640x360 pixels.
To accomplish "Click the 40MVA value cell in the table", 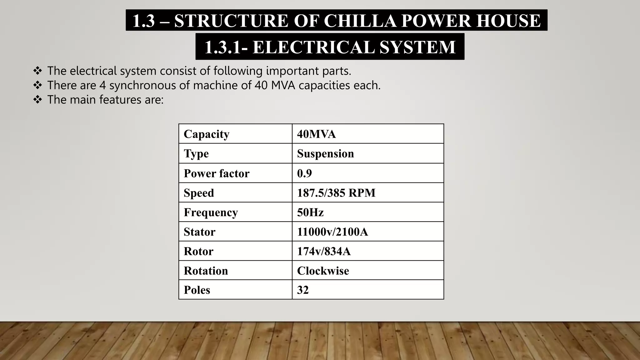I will [x=316, y=134].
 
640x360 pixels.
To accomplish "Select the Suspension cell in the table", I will [x=325, y=153].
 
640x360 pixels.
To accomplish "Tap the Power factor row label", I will [x=217, y=173].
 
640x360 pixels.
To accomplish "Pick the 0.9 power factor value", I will [x=304, y=173].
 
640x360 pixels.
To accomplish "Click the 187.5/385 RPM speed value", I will [x=336, y=193].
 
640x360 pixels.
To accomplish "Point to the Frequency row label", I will [x=211, y=212].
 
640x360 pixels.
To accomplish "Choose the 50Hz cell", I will [x=310, y=212].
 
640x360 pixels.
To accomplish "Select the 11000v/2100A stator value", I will [x=332, y=232].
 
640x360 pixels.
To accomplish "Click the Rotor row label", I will [x=198, y=251].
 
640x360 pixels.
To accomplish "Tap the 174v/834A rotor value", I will [x=324, y=251].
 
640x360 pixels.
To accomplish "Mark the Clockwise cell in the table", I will [x=323, y=271].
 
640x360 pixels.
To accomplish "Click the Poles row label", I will [x=197, y=290].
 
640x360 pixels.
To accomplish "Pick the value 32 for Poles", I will [x=303, y=290].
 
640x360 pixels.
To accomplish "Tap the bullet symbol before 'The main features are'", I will [x=37, y=100].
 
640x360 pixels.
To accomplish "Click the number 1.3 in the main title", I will [x=143, y=21].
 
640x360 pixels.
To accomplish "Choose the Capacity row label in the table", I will [x=206, y=134].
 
